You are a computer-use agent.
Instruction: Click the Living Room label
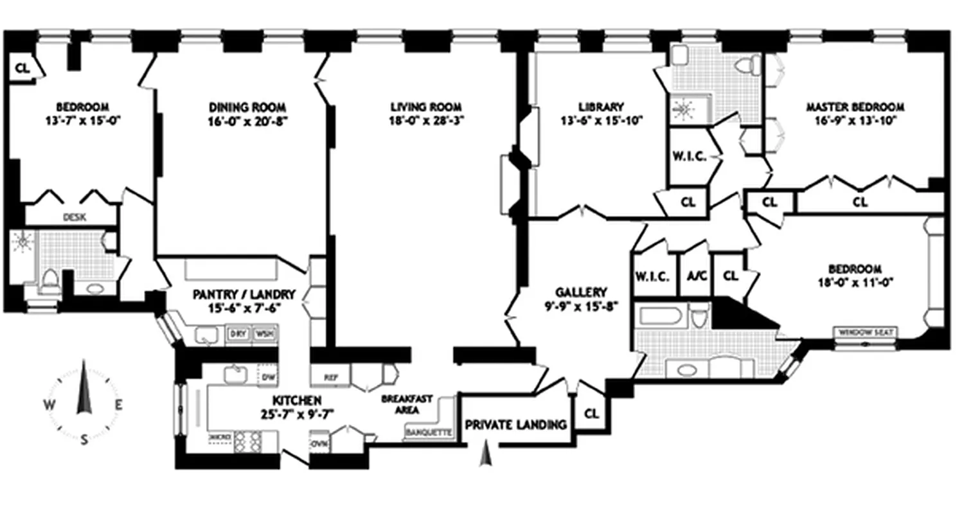(x=427, y=107)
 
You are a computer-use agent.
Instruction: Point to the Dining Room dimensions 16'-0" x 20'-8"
(x=247, y=120)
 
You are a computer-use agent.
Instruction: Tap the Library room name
(x=601, y=107)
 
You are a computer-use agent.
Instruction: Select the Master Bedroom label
(x=855, y=107)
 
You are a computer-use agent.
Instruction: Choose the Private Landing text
(x=516, y=425)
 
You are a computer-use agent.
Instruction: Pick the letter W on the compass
(x=49, y=404)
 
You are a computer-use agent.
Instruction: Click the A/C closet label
(x=695, y=276)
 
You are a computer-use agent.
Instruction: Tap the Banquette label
(x=428, y=433)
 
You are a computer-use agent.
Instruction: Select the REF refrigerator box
(x=330, y=378)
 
